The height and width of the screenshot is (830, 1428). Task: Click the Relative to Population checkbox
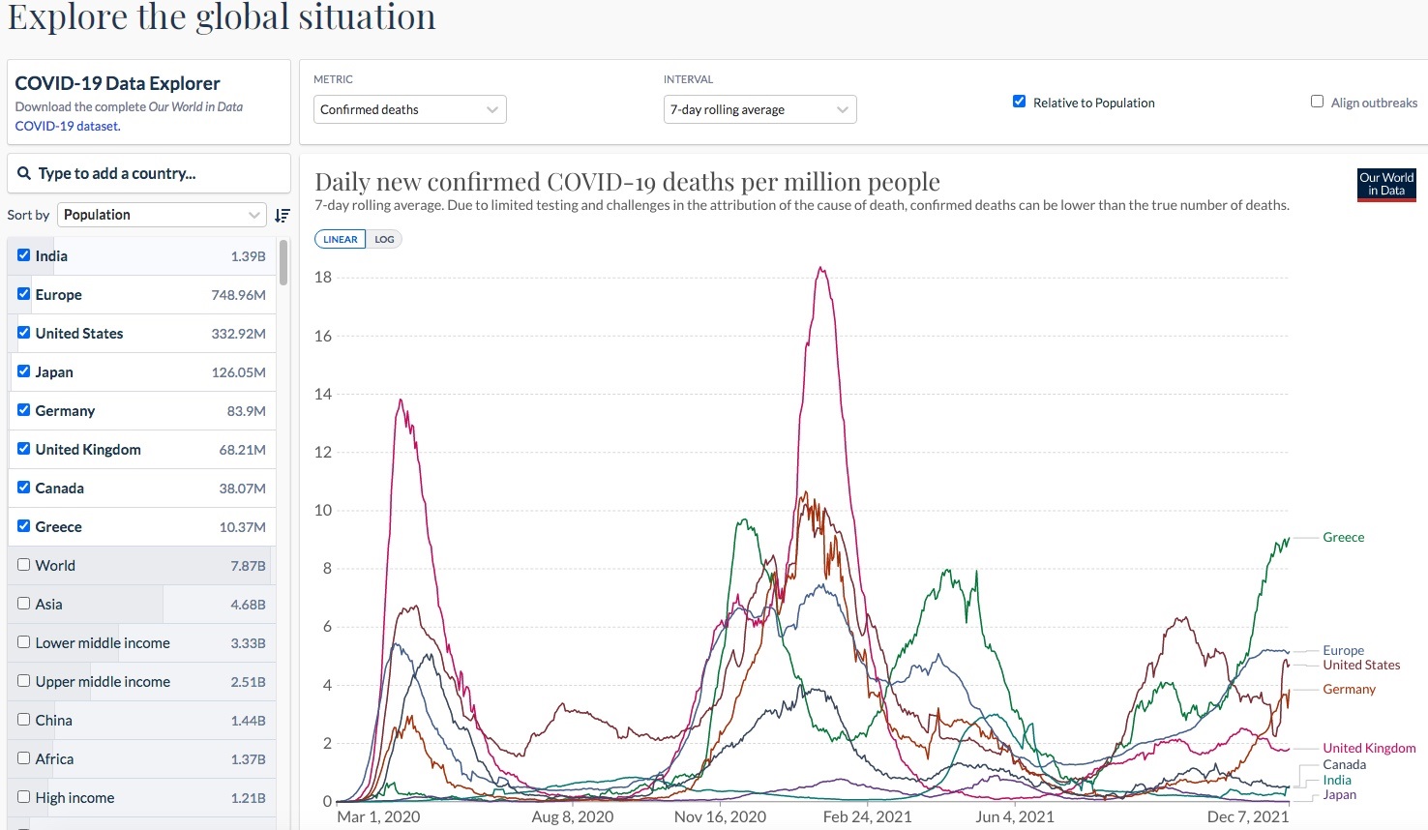click(x=1019, y=102)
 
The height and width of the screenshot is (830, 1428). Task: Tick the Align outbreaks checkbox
click(x=1317, y=102)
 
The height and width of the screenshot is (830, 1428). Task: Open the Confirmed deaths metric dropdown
click(x=410, y=109)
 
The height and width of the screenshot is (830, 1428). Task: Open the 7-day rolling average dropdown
click(x=759, y=109)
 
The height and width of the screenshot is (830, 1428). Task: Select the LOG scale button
click(x=384, y=239)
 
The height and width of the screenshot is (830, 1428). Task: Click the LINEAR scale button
click(x=341, y=239)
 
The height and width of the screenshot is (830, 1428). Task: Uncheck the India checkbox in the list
click(x=24, y=255)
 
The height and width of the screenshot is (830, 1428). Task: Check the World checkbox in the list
click(x=24, y=565)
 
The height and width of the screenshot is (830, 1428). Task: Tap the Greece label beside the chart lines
click(x=1343, y=537)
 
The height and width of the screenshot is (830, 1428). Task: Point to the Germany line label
click(x=1349, y=689)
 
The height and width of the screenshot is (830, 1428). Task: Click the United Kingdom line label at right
click(x=1369, y=748)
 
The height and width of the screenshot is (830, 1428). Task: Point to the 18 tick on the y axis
click(x=323, y=277)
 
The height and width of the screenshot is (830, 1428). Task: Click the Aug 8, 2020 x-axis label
click(x=573, y=816)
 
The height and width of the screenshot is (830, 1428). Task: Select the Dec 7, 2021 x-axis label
click(x=1247, y=816)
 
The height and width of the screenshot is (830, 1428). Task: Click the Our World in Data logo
click(x=1385, y=184)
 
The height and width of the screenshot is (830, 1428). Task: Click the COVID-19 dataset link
click(x=67, y=126)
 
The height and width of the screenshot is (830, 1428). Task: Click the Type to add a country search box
click(x=149, y=173)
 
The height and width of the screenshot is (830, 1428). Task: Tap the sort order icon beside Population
click(x=282, y=215)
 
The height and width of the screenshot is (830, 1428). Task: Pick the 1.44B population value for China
click(x=248, y=721)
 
